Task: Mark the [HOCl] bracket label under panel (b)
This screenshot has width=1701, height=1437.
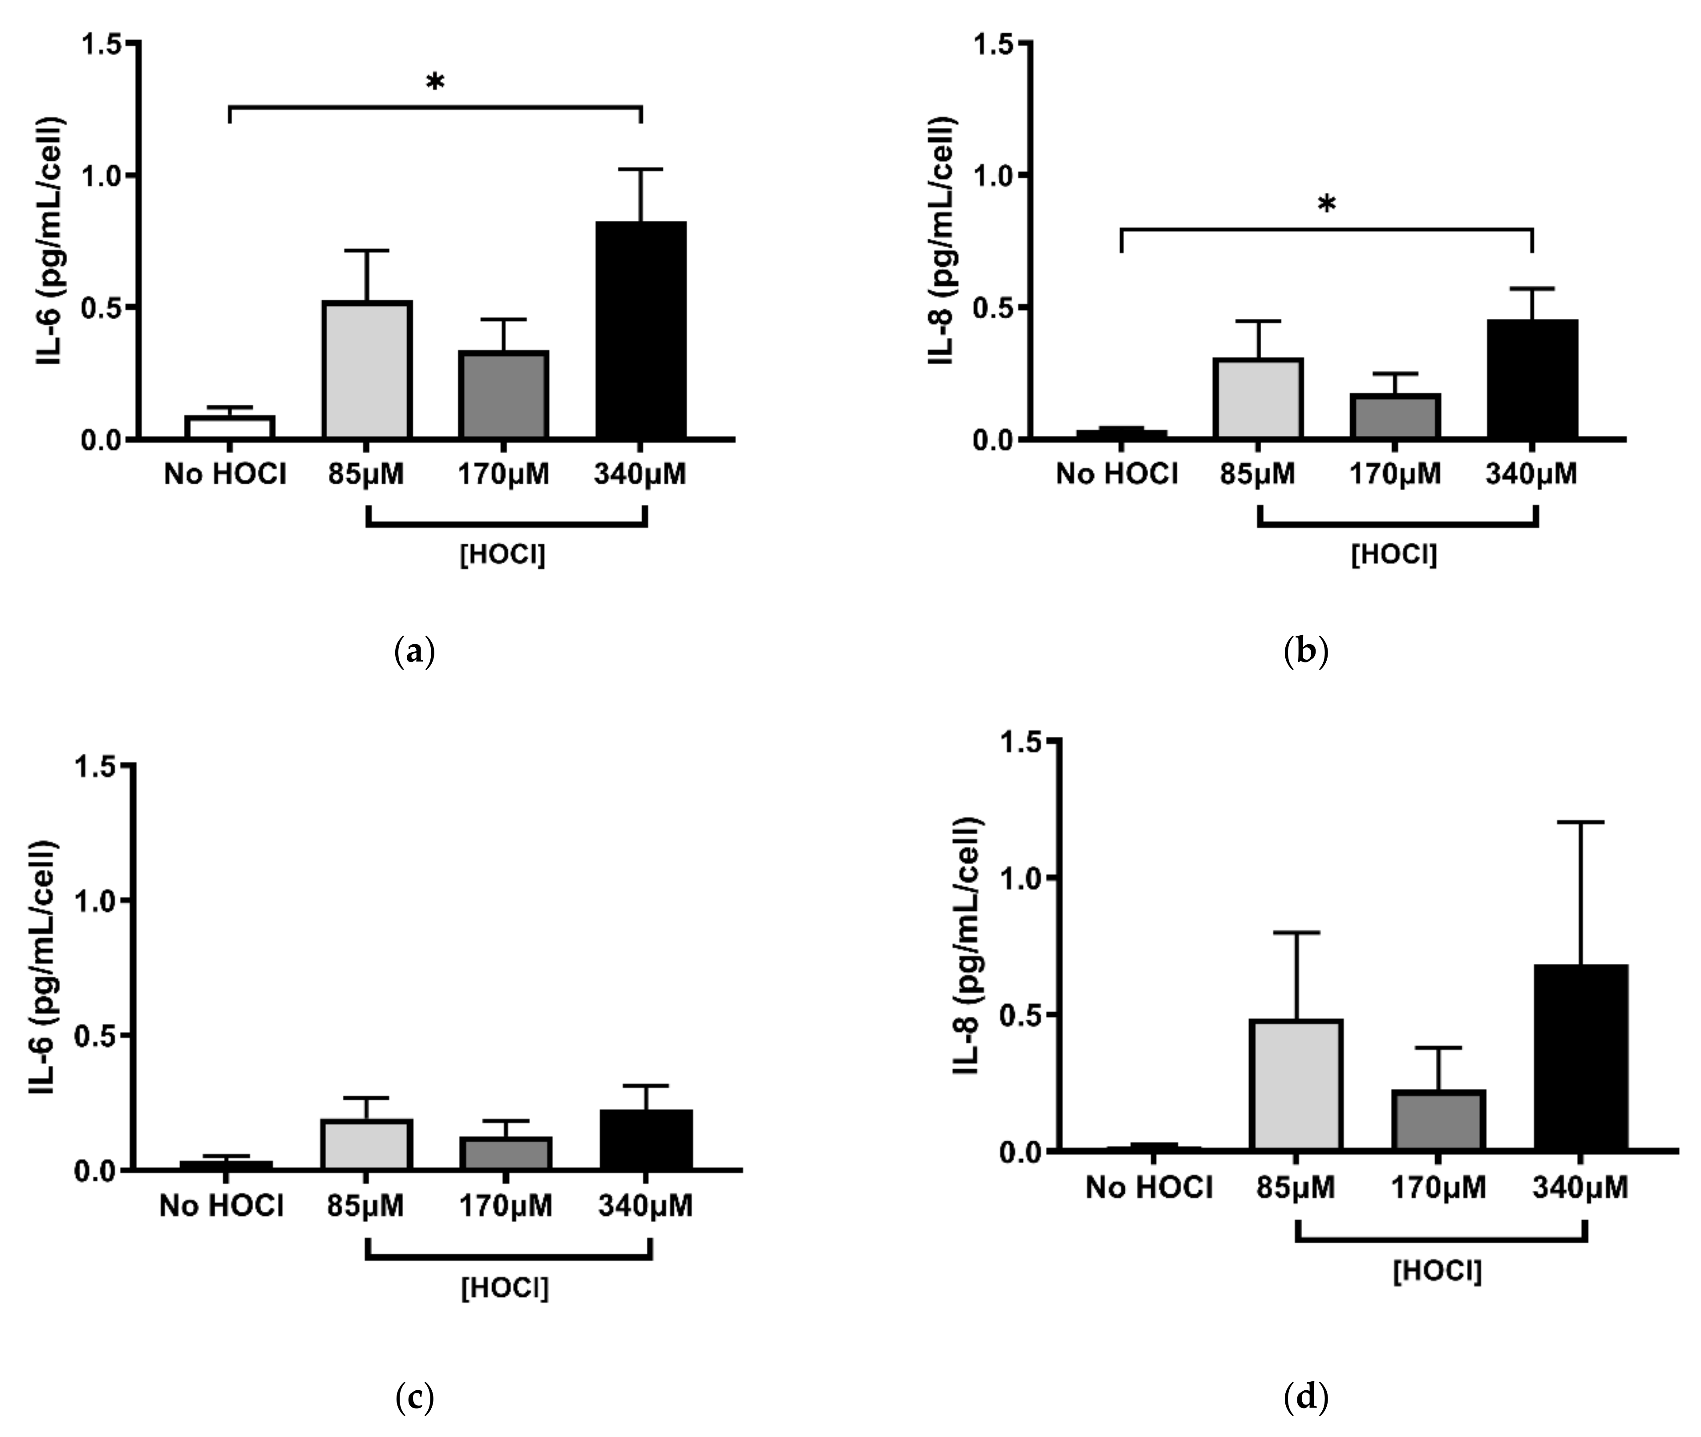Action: pyautogui.click(x=1394, y=555)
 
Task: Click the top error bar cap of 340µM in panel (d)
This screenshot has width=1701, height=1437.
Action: pyautogui.click(x=1580, y=822)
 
